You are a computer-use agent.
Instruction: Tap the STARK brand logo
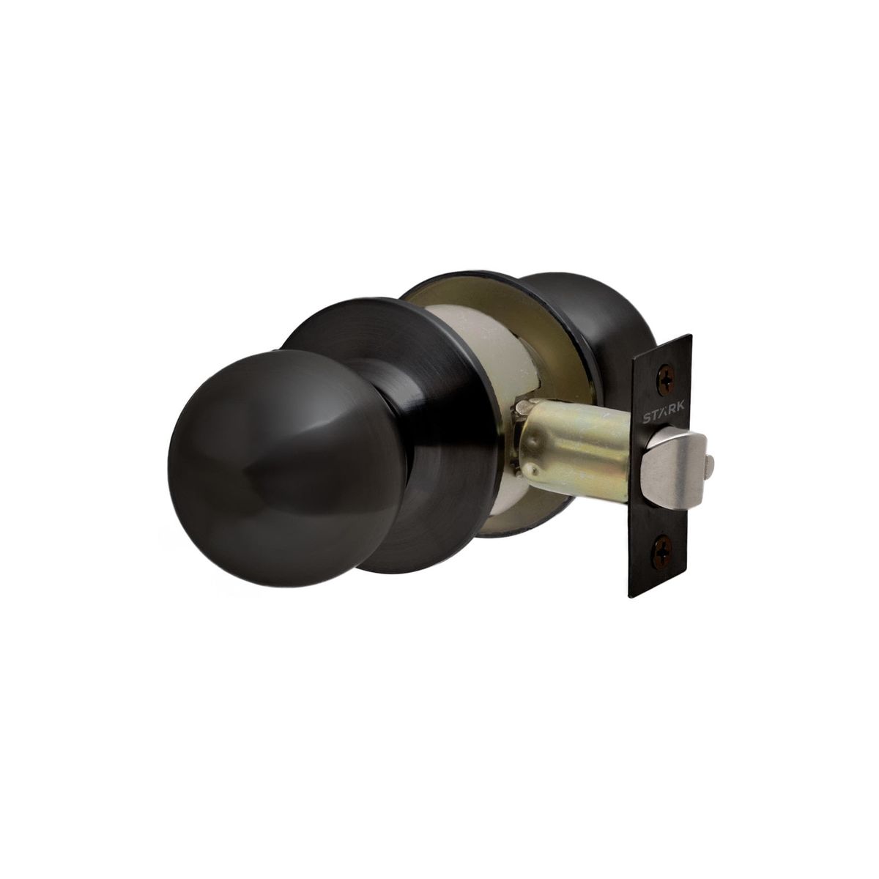(664, 418)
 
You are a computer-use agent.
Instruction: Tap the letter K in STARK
(682, 416)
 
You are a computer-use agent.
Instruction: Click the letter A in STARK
(664, 418)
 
